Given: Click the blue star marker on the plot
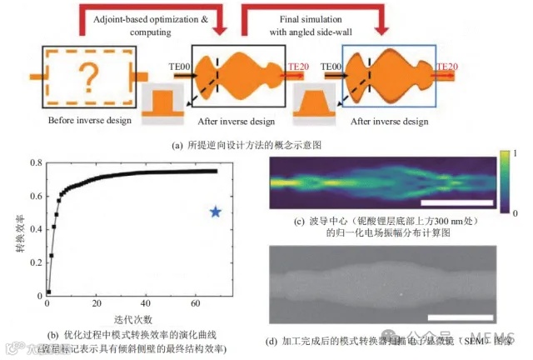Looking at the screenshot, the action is [216, 212].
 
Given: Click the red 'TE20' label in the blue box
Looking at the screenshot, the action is [446, 64].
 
